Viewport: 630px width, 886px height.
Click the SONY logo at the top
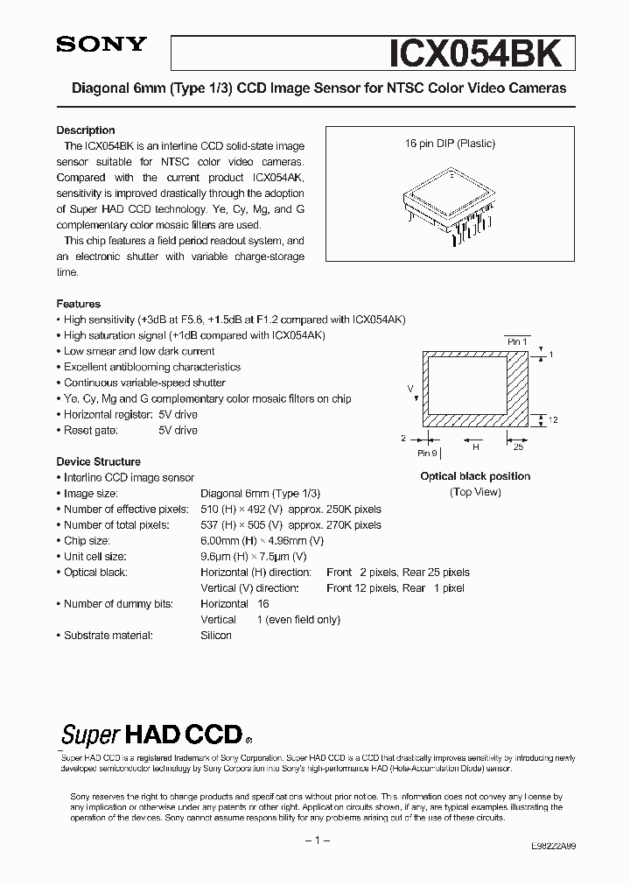pos(102,46)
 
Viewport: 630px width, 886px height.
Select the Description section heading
pos(86,130)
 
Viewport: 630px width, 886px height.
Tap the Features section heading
pos(79,304)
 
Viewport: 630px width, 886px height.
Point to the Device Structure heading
pos(98,461)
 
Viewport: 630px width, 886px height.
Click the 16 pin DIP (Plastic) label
pos(450,144)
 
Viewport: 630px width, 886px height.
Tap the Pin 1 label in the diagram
pos(517,341)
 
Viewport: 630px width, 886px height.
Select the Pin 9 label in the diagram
pos(427,453)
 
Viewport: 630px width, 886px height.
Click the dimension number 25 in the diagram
pos(518,447)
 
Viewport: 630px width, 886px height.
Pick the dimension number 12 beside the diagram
pos(553,420)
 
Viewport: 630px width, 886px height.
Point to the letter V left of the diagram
pos(409,386)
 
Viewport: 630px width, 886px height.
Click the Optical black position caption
pos(475,476)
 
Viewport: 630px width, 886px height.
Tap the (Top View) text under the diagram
pos(475,492)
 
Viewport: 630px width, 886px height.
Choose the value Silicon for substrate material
pos(216,635)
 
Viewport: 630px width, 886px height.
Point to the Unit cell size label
pos(94,556)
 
